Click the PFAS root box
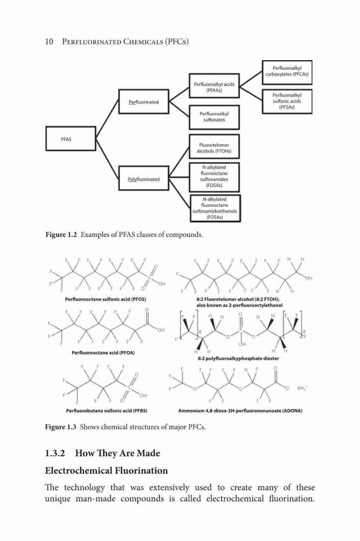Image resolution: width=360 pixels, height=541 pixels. point(71,138)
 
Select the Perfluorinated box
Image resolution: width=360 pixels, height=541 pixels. point(144,102)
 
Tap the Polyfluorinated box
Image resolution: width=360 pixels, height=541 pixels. point(144,178)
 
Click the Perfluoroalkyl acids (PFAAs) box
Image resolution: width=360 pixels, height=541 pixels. point(214,85)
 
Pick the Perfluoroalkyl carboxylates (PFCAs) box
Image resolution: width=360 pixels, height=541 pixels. point(287,72)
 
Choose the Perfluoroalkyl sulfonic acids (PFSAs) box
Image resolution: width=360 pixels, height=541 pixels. point(287,101)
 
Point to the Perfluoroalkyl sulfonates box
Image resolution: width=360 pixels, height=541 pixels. point(214,117)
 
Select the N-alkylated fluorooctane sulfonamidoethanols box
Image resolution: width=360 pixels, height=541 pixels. point(215,208)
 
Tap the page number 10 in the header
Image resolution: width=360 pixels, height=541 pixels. point(49,42)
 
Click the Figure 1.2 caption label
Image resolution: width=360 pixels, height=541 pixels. point(61,235)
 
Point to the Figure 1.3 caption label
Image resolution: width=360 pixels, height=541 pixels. point(61,427)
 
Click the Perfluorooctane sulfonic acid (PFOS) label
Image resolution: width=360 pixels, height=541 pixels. point(105,299)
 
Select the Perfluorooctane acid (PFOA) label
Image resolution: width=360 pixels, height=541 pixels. point(103,353)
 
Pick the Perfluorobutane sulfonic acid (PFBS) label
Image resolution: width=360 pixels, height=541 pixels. point(106,411)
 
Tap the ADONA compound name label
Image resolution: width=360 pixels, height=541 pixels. point(241,411)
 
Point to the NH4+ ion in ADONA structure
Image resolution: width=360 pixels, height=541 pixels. point(302,388)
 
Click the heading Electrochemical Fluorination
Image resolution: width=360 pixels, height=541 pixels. point(106,471)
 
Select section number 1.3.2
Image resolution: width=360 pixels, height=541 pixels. point(55,453)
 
